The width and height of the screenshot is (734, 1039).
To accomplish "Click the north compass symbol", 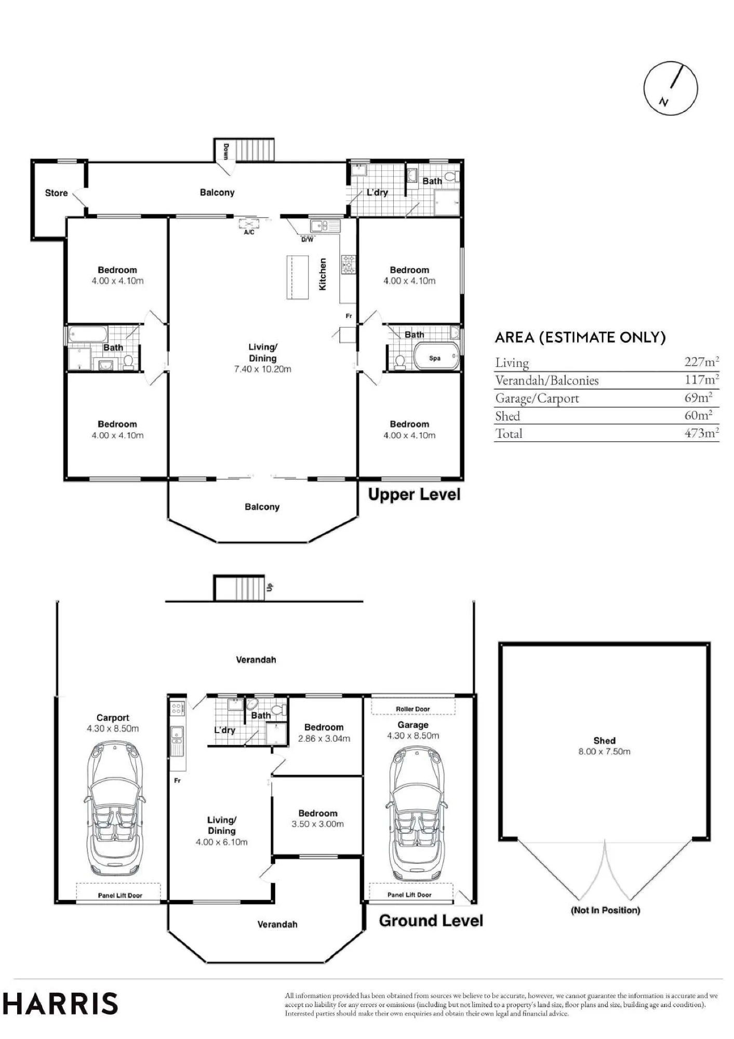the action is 670,88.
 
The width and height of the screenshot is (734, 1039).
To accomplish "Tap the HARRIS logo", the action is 60,1003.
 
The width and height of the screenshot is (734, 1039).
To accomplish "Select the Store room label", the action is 56,193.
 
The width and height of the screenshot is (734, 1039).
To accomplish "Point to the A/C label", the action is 249,232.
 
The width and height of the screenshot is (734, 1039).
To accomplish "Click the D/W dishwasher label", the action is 308,239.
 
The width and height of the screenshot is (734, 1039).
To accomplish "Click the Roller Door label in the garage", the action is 413,709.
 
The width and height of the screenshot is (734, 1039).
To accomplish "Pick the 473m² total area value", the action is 702,433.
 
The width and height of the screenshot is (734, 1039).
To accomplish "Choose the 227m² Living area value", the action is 702,362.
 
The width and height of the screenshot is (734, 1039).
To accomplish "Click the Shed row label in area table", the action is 508,416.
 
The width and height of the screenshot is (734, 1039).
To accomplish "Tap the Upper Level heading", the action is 414,495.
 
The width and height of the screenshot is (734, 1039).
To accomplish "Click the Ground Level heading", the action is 431,921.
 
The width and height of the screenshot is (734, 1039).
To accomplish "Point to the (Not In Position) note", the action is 605,910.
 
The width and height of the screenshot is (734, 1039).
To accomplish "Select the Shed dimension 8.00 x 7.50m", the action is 605,752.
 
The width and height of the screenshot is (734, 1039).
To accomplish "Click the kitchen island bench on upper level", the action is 298,277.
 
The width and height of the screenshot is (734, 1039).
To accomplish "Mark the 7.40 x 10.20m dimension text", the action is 262,369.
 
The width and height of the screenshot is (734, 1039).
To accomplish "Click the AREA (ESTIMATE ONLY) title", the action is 580,338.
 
